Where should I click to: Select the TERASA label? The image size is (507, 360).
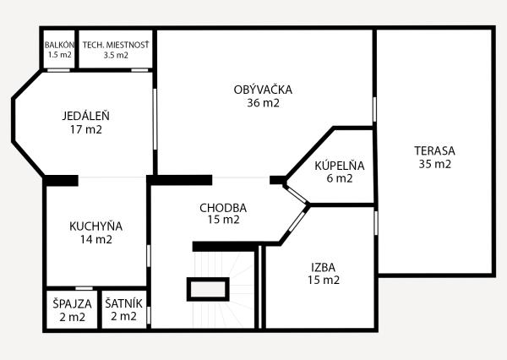tap(434, 150)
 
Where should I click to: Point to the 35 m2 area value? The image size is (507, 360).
tap(434, 164)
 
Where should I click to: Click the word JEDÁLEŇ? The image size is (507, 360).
tap(86, 116)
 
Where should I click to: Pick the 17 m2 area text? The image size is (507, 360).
tap(86, 130)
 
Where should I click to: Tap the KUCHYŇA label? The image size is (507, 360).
tap(95, 226)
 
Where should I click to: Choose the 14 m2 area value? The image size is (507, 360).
tap(95, 239)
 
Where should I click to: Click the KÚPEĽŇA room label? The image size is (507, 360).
tap(339, 165)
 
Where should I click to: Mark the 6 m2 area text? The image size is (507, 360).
tap(339, 178)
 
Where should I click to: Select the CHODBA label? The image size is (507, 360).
tap(223, 207)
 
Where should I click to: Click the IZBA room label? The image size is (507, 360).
tap(323, 265)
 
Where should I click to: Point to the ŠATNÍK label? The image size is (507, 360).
tap(123, 303)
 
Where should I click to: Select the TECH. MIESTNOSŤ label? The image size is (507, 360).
tap(116, 45)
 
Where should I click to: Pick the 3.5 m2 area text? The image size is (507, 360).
tap(116, 55)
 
